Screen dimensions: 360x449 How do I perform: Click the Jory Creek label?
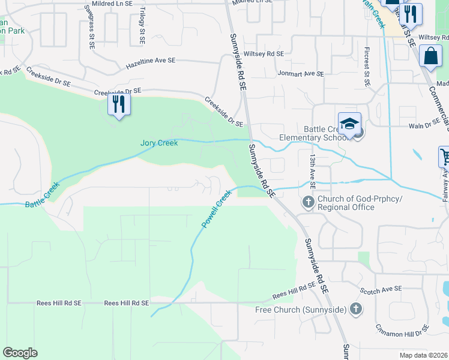159,143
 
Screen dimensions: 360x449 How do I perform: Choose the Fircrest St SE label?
366,65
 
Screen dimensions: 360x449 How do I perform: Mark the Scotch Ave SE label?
381,289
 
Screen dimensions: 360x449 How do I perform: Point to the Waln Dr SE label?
424,126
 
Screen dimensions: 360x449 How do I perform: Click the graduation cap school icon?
349,123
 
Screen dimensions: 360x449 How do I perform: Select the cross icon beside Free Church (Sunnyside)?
356,309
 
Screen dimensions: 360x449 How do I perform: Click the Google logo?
20,353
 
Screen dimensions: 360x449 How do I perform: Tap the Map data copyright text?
423,356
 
